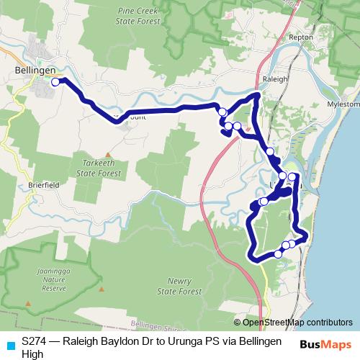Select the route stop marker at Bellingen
55,82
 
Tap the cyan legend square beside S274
9,344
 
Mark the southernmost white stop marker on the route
278,253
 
